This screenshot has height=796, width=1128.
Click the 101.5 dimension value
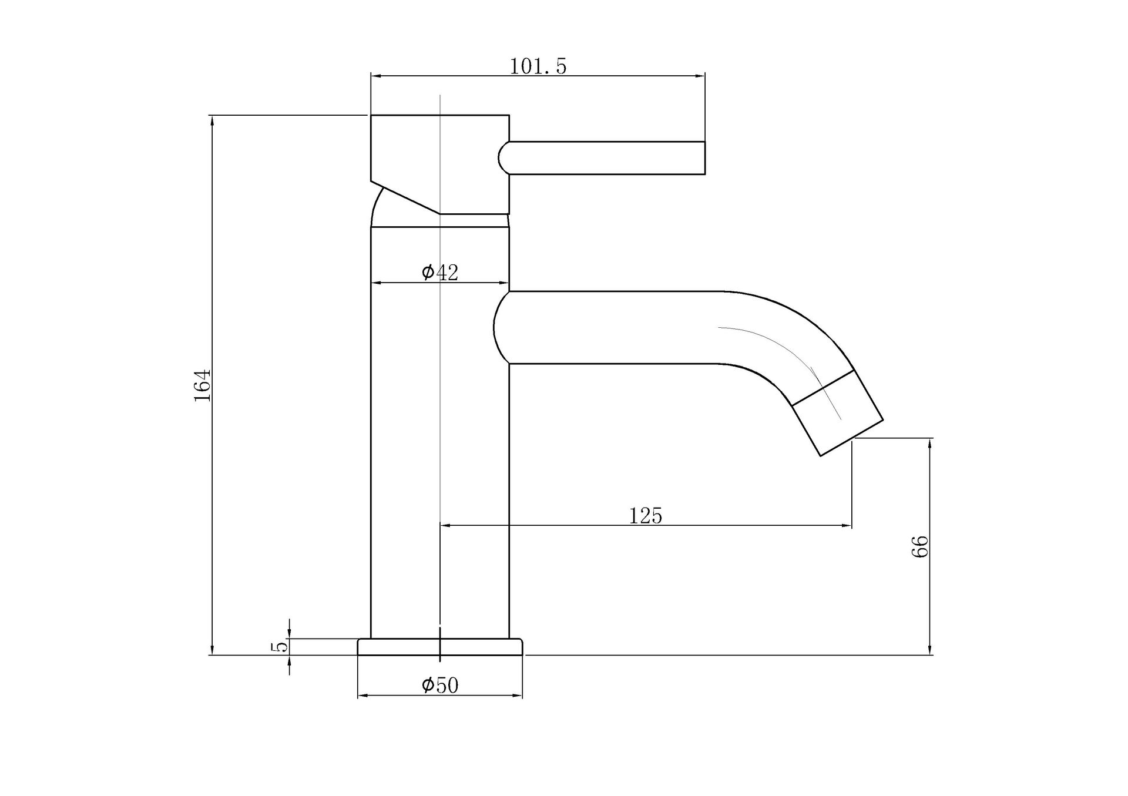pyautogui.click(x=538, y=66)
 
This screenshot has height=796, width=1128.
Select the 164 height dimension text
pyautogui.click(x=203, y=385)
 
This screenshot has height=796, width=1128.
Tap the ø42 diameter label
pyautogui.click(x=439, y=272)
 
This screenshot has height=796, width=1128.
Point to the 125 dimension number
pyautogui.click(x=645, y=516)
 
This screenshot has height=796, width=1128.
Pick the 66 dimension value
pyautogui.click(x=920, y=546)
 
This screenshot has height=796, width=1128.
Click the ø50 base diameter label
pyautogui.click(x=439, y=685)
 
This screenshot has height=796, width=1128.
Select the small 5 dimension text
pyautogui.click(x=280, y=646)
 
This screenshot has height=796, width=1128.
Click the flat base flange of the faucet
pyautogui.click(x=439, y=647)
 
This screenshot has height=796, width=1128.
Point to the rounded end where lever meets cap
pyautogui.click(x=503, y=158)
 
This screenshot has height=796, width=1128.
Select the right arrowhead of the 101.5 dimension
pyautogui.click(x=700, y=76)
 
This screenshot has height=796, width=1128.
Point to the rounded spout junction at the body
pyautogui.click(x=499, y=327)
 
